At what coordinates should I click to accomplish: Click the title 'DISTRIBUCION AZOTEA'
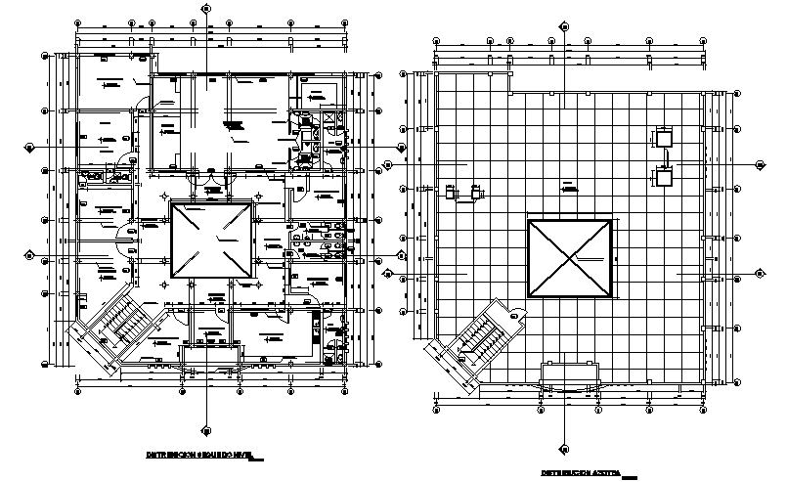[x=581, y=473]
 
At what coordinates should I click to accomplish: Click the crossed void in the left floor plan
[x=212, y=240]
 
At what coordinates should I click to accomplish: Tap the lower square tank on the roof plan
[x=664, y=176]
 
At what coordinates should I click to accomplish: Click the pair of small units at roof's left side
[x=462, y=191]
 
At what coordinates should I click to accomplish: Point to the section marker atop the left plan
[x=205, y=8]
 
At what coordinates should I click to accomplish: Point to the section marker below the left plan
[x=205, y=426]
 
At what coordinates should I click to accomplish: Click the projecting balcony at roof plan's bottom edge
[x=572, y=374]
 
